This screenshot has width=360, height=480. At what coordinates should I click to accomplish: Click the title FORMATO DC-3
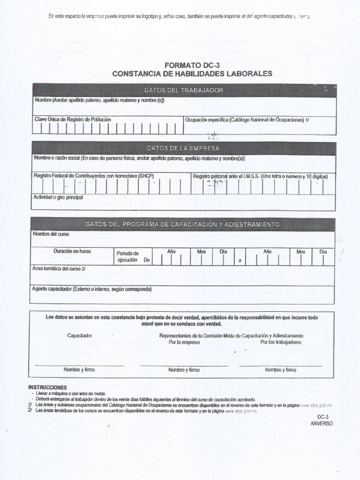point(192,65)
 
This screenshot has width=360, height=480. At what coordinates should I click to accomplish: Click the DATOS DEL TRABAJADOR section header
point(184,90)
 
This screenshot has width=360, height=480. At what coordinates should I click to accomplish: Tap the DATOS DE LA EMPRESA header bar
point(183,148)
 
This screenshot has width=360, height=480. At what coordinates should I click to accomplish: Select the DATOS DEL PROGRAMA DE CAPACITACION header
point(183,225)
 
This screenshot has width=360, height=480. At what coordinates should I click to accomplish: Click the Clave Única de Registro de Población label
point(73,120)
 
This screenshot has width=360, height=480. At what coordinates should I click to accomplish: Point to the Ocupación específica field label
point(247,120)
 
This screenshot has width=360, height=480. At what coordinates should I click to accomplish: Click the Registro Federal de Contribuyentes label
point(94,176)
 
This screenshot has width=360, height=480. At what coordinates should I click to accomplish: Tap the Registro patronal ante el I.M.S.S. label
point(260,177)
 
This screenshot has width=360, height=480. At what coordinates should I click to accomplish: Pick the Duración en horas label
point(72,251)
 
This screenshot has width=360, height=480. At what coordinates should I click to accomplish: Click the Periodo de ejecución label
point(127,257)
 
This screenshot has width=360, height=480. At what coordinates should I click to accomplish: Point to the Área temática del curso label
point(59,269)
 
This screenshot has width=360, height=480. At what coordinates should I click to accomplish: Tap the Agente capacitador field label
point(92,289)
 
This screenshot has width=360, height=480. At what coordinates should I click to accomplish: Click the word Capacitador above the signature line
point(80,336)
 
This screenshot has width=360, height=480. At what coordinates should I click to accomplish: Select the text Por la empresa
point(184,342)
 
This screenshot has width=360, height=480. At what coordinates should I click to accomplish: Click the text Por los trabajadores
point(281,342)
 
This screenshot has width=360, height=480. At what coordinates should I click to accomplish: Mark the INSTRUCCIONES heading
point(48,387)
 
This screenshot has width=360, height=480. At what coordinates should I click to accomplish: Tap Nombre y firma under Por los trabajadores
point(280,370)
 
